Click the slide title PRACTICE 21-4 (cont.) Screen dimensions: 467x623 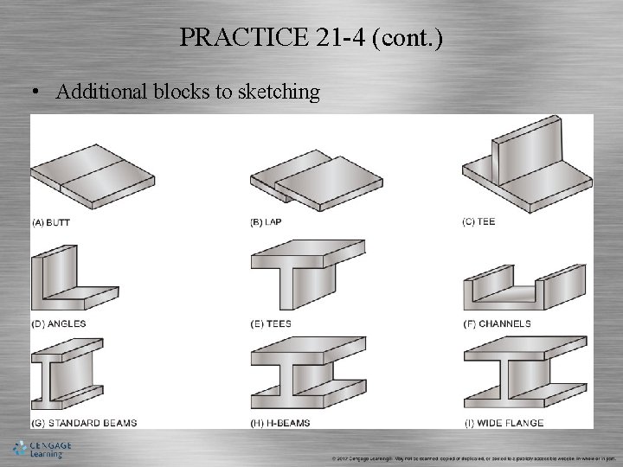(311, 37)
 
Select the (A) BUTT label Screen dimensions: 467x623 (51, 222)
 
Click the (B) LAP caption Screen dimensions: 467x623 (266, 222)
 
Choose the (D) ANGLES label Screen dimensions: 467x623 (59, 323)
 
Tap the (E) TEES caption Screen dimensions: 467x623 (271, 323)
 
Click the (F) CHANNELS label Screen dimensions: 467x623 (498, 323)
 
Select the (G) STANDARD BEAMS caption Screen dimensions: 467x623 (84, 423)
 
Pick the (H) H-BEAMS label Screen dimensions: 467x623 (280, 423)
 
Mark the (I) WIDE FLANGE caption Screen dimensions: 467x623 (504, 423)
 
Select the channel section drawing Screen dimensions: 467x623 (524, 291)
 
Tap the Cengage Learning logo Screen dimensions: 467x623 (42, 450)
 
